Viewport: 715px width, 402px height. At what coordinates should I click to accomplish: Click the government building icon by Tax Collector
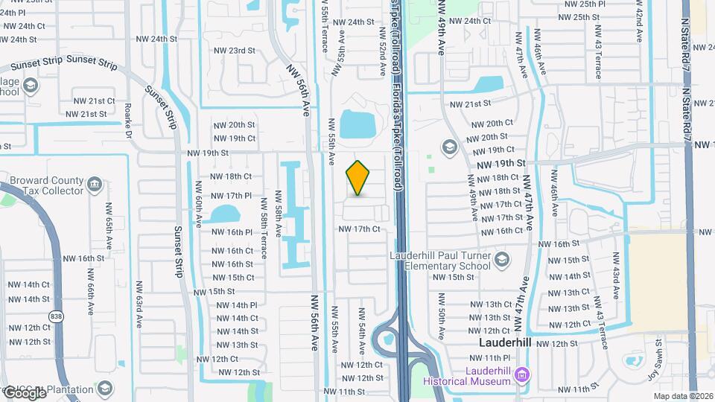pos(94,184)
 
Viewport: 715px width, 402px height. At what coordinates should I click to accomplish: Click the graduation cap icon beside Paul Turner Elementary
pos(502,260)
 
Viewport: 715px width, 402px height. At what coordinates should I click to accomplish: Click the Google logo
pos(25,392)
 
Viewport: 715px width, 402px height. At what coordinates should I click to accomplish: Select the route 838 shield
pos(57,316)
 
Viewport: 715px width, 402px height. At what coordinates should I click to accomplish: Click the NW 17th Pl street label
pos(231,196)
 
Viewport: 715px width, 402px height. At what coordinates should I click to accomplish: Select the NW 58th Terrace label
pos(264,234)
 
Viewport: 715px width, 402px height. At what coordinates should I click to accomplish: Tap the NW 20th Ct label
pos(489,124)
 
